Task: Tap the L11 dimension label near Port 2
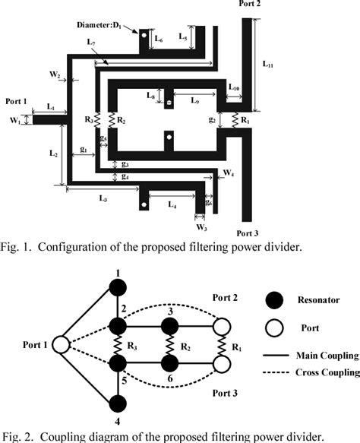click(x=269, y=65)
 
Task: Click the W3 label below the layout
click(x=201, y=226)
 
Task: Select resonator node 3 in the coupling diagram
click(x=169, y=326)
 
